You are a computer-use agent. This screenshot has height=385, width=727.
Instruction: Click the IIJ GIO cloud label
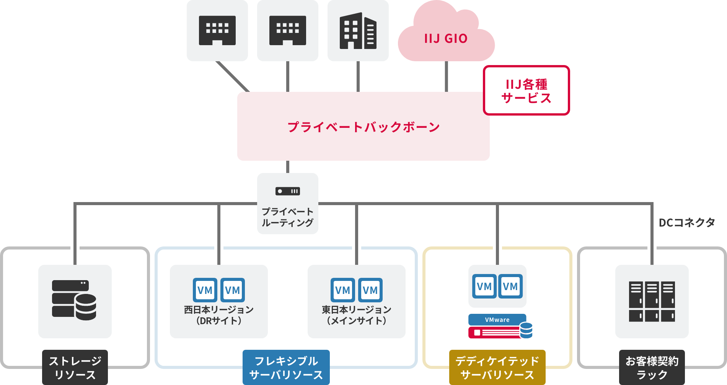pyautogui.click(x=446, y=39)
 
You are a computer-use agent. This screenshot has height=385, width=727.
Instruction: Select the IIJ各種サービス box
pyautogui.click(x=526, y=91)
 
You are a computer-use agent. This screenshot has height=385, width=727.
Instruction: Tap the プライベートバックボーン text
pyautogui.click(x=363, y=127)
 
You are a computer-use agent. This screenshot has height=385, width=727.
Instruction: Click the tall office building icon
pyautogui.click(x=358, y=31)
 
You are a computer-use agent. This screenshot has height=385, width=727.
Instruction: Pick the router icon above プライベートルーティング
pyautogui.click(x=288, y=191)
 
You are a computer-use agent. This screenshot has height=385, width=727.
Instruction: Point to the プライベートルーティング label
pyautogui.click(x=288, y=217)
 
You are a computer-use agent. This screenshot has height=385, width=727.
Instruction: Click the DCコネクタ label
pyautogui.click(x=686, y=222)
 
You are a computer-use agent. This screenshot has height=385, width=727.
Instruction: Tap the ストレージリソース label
pyautogui.click(x=75, y=367)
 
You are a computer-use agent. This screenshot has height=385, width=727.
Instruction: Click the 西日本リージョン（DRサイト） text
pyautogui.click(x=219, y=315)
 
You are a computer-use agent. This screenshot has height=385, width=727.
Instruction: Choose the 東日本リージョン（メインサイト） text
pyautogui.click(x=357, y=315)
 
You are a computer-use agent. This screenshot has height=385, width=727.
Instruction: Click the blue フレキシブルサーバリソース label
pyautogui.click(x=286, y=367)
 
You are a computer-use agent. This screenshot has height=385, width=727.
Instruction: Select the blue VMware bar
pyautogui.click(x=497, y=320)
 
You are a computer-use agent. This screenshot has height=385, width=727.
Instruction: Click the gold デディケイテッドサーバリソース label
pyautogui.click(x=497, y=367)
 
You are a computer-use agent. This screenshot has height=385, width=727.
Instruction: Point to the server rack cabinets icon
pyautogui.click(x=652, y=302)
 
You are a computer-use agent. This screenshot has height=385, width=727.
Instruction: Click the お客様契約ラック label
pyautogui.click(x=652, y=367)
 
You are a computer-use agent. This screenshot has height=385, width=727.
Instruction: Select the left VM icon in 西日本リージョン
pyautogui.click(x=205, y=290)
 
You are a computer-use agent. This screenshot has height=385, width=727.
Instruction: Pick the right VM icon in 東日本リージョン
pyautogui.click(x=370, y=290)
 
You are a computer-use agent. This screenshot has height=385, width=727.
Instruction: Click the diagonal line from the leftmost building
pyautogui.click(x=232, y=76)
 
